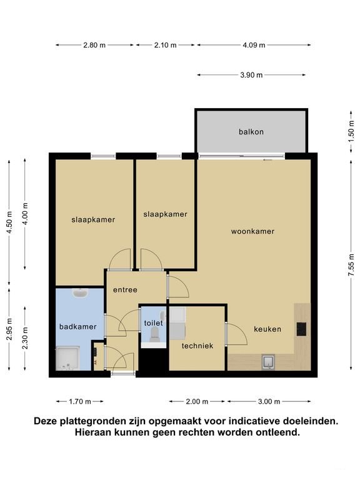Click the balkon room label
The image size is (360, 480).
coord(251,132)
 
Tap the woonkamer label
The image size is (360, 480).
coord(252,231)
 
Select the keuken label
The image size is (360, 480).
coord(267,329)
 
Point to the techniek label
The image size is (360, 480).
coord(197,346)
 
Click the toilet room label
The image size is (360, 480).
coord(153,323)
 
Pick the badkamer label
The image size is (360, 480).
coord(77,327)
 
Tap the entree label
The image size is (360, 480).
coord(125,290)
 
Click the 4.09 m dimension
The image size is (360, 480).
coord(254,45)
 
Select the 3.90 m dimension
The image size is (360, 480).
coord(251,75)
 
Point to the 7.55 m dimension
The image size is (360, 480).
coord(351,265)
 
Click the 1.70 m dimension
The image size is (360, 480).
coord(80,402)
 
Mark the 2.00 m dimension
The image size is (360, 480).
coord(197,402)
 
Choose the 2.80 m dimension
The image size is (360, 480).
coord(94,45)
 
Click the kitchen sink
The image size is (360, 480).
coord(268,362)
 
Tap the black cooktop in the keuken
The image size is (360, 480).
coord(301,329)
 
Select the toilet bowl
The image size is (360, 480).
coord(154,334)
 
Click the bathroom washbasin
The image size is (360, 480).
coord(80,293)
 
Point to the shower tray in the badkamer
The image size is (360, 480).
coord(67,358)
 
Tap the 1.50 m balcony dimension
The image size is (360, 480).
coord(351,132)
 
